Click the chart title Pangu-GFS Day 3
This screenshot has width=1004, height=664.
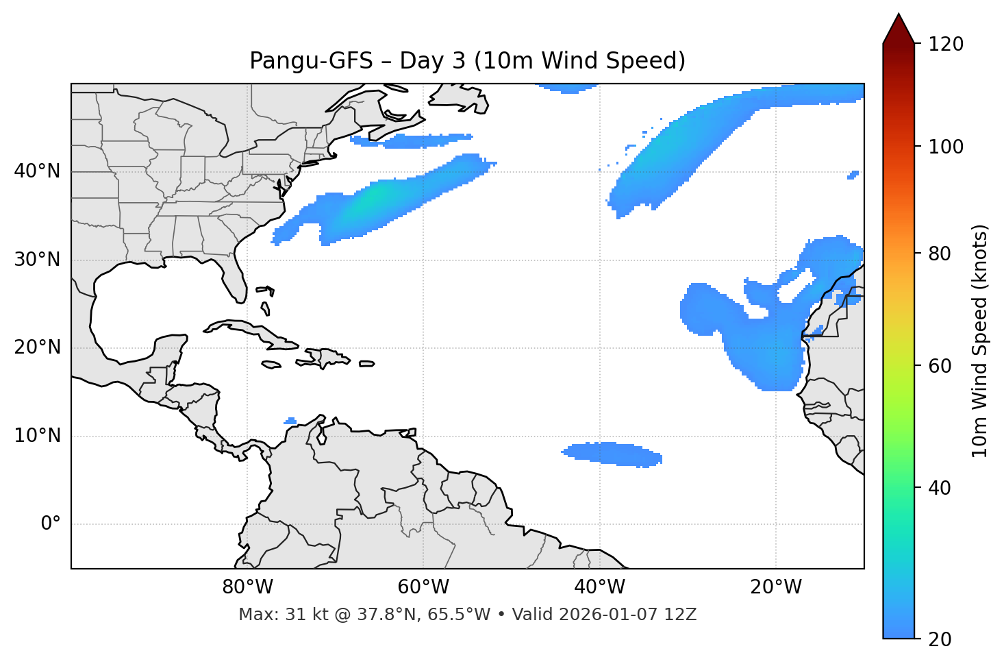point(467,61)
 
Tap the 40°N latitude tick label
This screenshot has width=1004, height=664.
point(37,171)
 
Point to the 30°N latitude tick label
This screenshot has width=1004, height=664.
point(37,260)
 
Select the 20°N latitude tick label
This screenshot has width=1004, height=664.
point(37,347)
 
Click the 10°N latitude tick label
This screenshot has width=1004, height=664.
point(37,436)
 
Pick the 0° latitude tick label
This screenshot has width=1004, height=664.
point(51,524)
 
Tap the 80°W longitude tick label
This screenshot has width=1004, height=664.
point(247,587)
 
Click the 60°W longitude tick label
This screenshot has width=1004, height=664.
point(423,587)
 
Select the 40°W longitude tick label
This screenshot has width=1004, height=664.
point(599,587)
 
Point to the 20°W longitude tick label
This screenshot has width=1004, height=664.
point(775,587)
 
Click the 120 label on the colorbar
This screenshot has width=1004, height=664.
point(946,45)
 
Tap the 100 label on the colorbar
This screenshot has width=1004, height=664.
point(946,147)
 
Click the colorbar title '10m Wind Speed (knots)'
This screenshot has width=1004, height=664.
point(980,341)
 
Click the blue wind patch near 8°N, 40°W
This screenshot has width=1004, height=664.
point(612,453)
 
